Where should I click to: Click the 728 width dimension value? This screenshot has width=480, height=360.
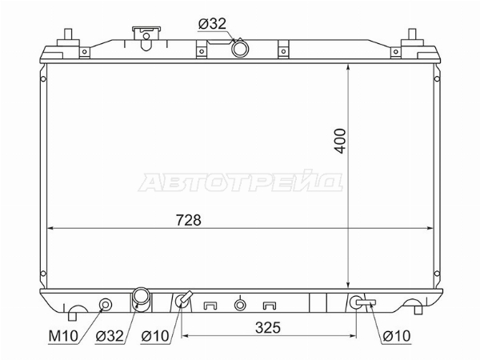pos(189,220)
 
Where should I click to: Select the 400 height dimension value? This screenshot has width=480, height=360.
pos(340,141)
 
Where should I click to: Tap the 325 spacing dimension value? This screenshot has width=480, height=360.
pos(268,327)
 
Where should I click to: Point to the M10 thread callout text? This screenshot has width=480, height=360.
pos(64,336)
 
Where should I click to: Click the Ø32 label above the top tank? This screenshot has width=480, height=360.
pos(212,23)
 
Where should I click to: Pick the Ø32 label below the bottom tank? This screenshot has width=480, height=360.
pos(110,336)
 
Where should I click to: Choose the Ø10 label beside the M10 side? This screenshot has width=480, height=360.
pos(155,336)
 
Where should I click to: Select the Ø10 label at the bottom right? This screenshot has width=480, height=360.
pos(397,336)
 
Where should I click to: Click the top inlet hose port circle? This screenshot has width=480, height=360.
pos(240,49)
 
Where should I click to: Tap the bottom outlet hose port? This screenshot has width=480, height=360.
pos(142,299)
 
